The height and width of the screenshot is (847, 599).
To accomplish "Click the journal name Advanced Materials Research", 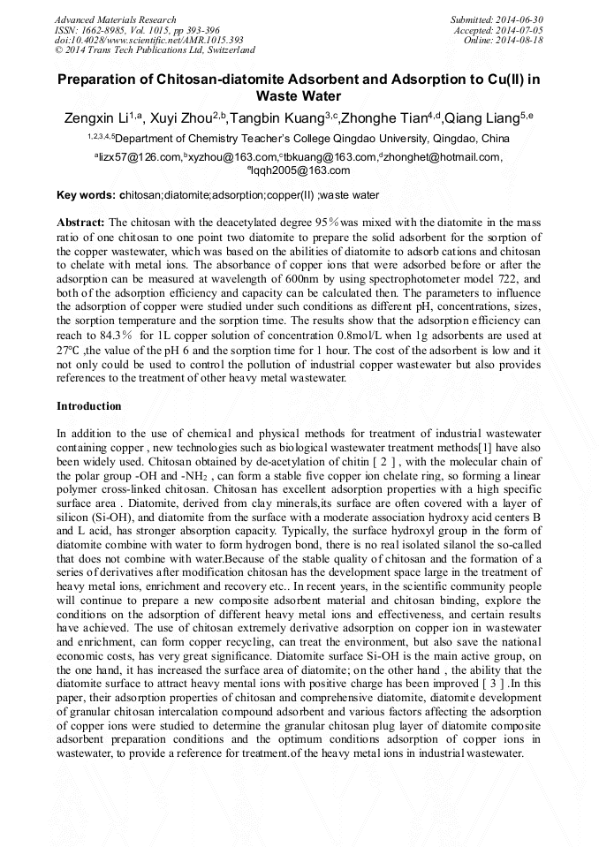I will [115, 19].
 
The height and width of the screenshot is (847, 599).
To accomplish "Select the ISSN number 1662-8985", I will [105, 30].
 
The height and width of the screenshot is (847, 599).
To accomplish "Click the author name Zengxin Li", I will [95, 118].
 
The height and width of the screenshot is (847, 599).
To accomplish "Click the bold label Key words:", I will [86, 194].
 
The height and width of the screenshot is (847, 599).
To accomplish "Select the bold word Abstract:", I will [80, 222].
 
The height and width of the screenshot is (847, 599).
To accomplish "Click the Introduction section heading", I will [89, 406].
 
